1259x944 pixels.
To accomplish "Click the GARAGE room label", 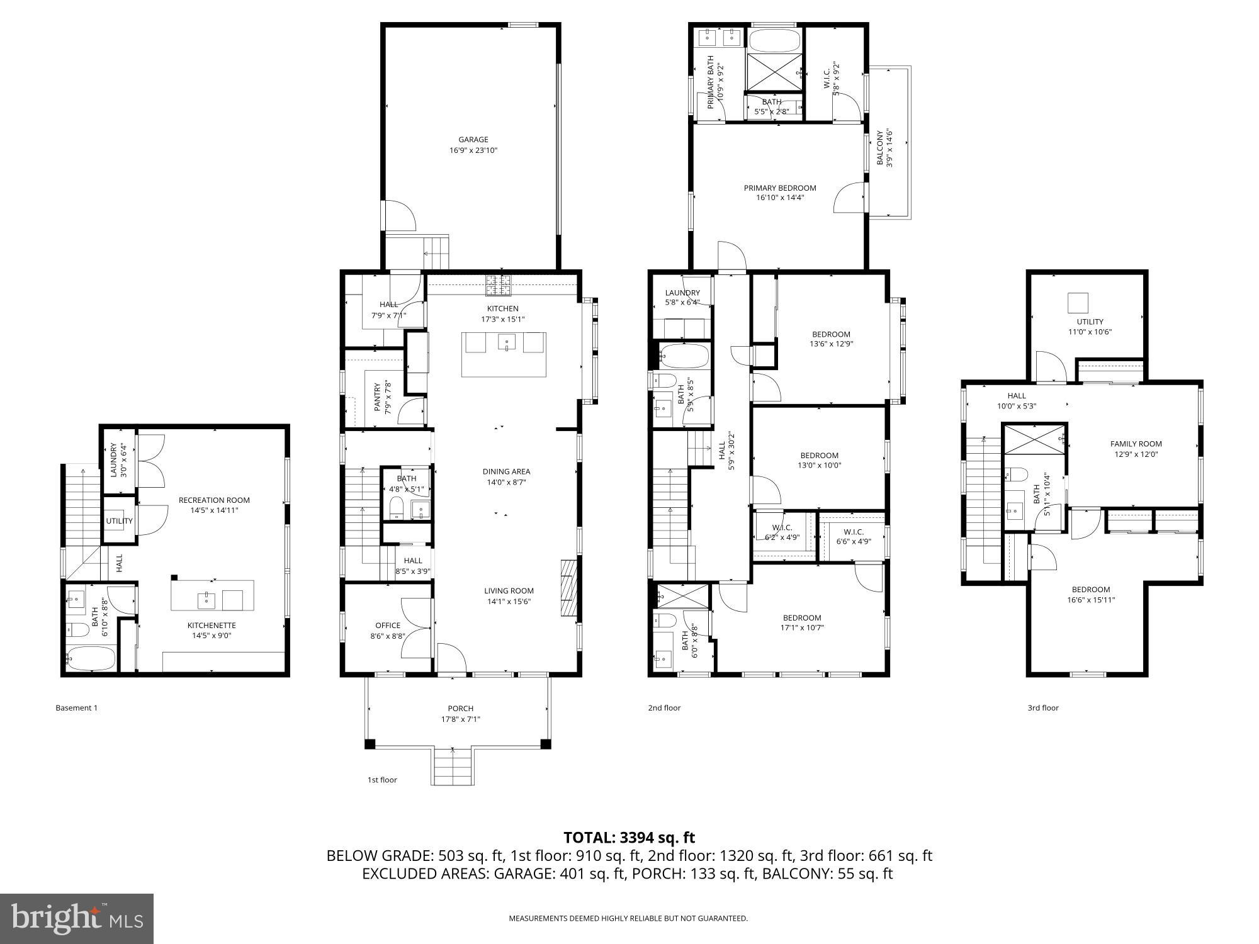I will coord(473,140).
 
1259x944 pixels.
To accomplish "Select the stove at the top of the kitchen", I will coord(499,285).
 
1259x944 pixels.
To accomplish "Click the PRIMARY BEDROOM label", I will coord(779,188).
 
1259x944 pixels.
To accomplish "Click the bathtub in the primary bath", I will coord(774,40).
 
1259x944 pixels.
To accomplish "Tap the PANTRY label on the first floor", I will coord(378,397).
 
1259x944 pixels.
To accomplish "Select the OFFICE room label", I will coord(388,626).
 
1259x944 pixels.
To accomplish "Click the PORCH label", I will coord(460,709).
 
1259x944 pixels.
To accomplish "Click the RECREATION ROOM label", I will coord(214,500).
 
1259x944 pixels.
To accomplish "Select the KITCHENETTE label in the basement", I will coord(212,626).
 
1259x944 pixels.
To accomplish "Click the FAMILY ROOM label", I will coord(1136,444).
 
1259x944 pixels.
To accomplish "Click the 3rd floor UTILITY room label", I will coord(1090,322).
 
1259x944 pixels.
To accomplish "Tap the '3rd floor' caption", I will coord(1043,708).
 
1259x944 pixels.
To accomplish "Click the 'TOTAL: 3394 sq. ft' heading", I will coord(629,838).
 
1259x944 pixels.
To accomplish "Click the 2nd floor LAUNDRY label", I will coord(682,293).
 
